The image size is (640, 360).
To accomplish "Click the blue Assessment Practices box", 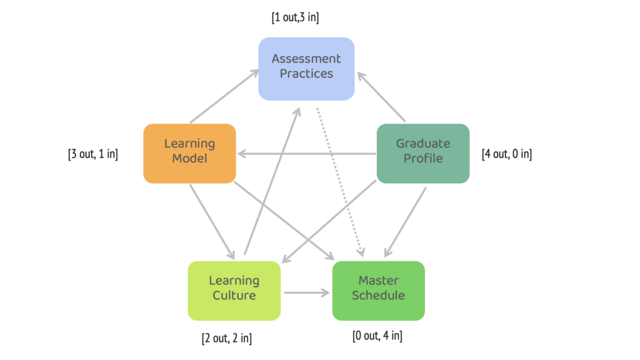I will pyautogui.click(x=306, y=69).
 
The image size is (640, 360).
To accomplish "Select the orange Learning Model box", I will pyautogui.click(x=189, y=153).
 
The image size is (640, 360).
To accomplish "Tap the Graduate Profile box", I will pyautogui.click(x=422, y=153).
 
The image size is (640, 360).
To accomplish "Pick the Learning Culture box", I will pyautogui.click(x=234, y=291).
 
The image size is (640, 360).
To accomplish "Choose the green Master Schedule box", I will pyautogui.click(x=378, y=291).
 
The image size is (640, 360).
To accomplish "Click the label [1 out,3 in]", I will pyautogui.click(x=295, y=17).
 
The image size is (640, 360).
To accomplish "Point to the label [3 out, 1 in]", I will pyautogui.click(x=92, y=154).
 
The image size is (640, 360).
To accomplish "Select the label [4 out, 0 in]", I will pyautogui.click(x=507, y=154).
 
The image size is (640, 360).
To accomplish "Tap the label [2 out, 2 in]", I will pyautogui.click(x=226, y=339).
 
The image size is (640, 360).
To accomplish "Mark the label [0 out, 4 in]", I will pyautogui.click(x=377, y=336).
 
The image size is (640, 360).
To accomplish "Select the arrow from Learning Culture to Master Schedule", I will pyautogui.click(x=306, y=292).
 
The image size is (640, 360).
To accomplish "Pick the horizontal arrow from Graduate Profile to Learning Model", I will pyautogui.click(x=306, y=154).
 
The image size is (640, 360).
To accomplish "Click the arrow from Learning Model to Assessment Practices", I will pyautogui.click(x=224, y=96).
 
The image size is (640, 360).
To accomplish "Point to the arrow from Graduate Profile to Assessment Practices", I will pyautogui.click(x=382, y=97).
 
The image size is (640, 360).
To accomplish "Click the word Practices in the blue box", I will pyautogui.click(x=306, y=74).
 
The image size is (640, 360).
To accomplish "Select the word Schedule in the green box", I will pyautogui.click(x=378, y=296).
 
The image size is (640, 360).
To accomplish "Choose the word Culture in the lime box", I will pyautogui.click(x=234, y=296).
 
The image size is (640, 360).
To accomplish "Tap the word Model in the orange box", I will pyautogui.click(x=189, y=159).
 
